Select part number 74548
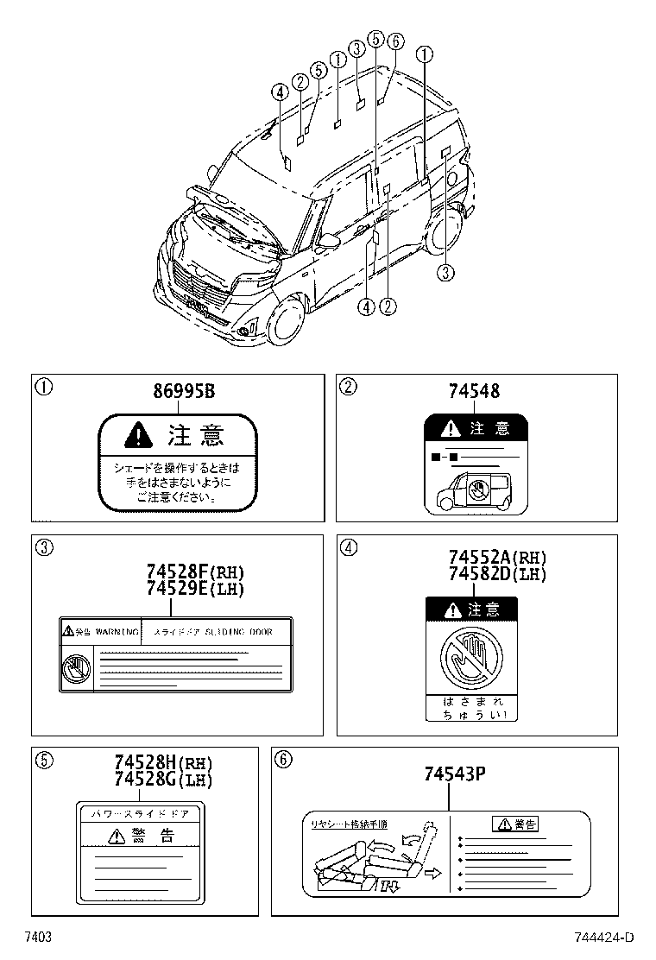pyautogui.click(x=474, y=392)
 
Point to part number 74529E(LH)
pyautogui.click(x=195, y=589)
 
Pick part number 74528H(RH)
pyautogui.click(x=163, y=764)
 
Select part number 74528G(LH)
pyautogui.click(x=163, y=779)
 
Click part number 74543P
pyautogui.click(x=455, y=774)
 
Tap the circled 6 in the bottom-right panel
pyautogui.click(x=281, y=759)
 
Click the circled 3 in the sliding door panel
pyautogui.click(x=42, y=546)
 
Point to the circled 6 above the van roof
pyautogui.click(x=395, y=41)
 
